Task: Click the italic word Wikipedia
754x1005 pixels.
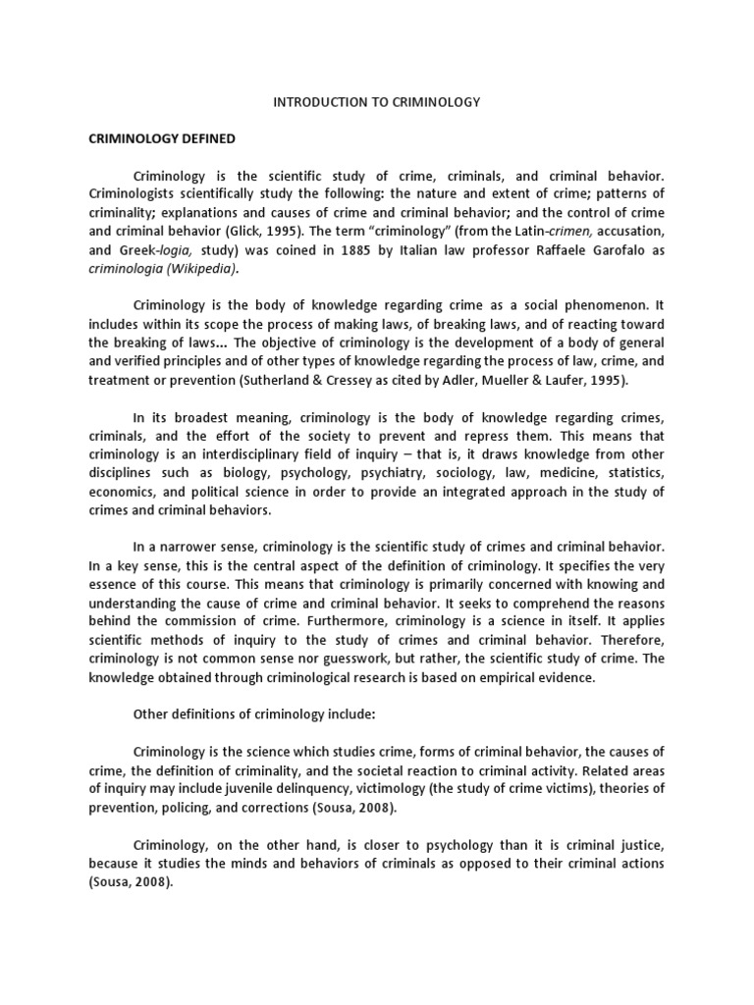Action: [x=204, y=268]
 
